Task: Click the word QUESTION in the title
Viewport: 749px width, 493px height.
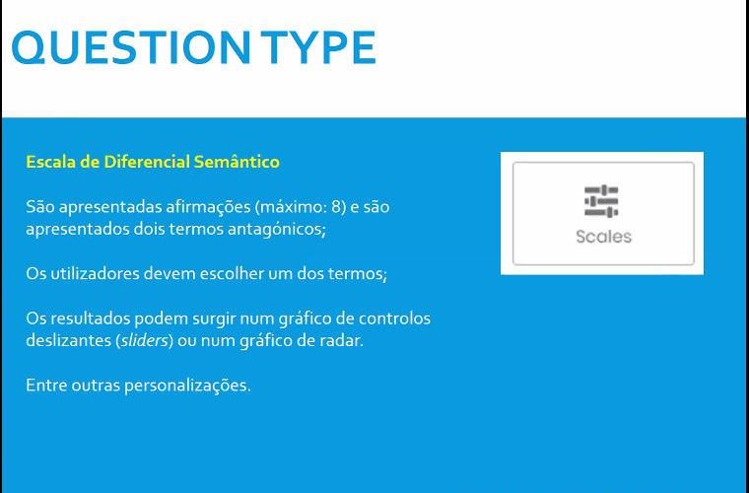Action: pyautogui.click(x=131, y=47)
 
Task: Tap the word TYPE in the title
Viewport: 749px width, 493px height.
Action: pyautogui.click(x=318, y=47)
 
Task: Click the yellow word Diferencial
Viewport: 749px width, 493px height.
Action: pyautogui.click(x=147, y=162)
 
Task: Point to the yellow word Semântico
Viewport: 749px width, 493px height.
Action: pyautogui.click(x=237, y=162)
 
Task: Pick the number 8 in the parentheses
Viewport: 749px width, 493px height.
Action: pyautogui.click(x=337, y=207)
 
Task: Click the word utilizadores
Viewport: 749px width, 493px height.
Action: pyautogui.click(x=95, y=274)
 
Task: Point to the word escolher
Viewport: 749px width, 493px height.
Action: pyautogui.click(x=227, y=274)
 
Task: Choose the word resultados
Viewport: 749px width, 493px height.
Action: pyautogui.click(x=90, y=318)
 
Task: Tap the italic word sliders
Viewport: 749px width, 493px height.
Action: pyautogui.click(x=145, y=340)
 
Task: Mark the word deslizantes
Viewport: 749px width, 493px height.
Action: pyautogui.click(x=68, y=340)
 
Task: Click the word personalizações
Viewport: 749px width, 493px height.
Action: pyautogui.click(x=187, y=386)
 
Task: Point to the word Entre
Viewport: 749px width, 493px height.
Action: pyautogui.click(x=46, y=386)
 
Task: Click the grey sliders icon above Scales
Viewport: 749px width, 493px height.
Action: pyautogui.click(x=601, y=200)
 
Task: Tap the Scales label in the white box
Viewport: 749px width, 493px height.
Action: pyautogui.click(x=603, y=237)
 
